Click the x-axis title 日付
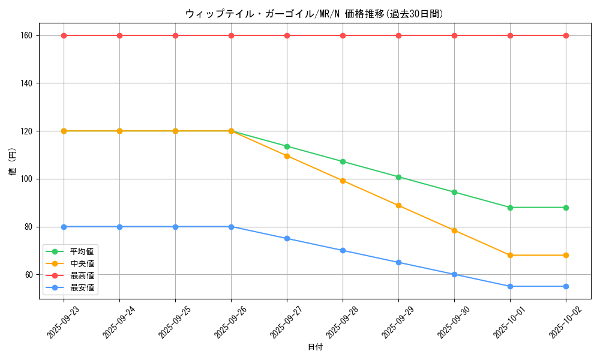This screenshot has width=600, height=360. point(314,347)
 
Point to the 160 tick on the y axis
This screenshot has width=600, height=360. point(26,35)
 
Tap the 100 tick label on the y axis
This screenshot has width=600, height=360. point(26,179)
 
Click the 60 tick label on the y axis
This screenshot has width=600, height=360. point(28,275)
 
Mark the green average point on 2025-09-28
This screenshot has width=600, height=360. point(343,161)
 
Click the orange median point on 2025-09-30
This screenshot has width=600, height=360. point(454,230)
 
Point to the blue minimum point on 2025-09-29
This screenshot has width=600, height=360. point(398,262)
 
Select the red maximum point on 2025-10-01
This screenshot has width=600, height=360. point(510,35)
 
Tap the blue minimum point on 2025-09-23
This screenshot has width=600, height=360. point(64,227)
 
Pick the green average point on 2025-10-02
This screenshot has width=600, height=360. point(566,208)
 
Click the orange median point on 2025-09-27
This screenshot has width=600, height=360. point(287,156)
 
